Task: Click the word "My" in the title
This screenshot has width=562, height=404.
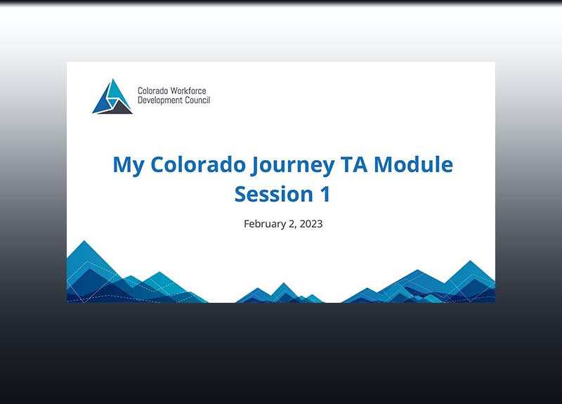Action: (x=127, y=165)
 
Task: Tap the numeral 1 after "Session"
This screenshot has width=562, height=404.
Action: (x=324, y=194)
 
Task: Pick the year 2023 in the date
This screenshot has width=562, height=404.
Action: (x=310, y=224)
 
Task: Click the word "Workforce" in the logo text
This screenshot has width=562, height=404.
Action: (x=189, y=91)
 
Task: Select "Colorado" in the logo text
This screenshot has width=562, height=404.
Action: (x=153, y=91)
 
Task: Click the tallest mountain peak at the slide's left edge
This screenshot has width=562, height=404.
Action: (x=85, y=244)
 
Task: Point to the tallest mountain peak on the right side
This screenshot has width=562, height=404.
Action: (x=469, y=263)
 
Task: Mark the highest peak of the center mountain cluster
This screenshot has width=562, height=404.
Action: (x=284, y=285)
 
